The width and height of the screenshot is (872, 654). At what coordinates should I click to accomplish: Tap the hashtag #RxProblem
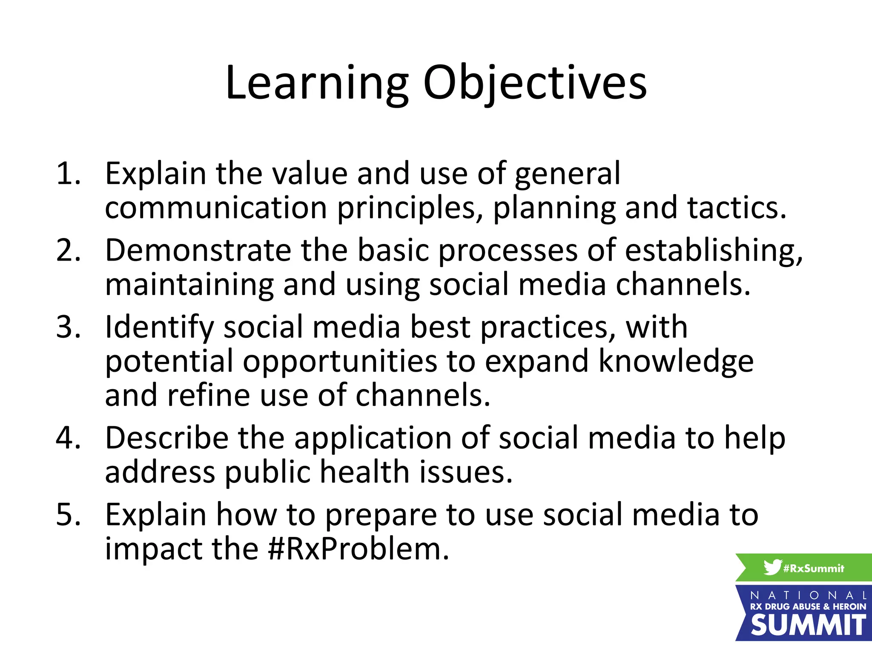pos(359,549)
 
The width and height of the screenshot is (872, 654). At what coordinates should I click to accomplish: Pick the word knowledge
pos(676,362)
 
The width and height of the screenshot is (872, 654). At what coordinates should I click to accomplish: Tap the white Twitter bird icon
pos(772,567)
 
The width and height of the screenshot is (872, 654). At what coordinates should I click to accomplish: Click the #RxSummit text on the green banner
pos(813,568)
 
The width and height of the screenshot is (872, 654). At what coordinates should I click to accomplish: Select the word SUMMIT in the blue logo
pos(808,625)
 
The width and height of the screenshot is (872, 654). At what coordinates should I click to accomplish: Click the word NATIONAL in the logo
pos(808,595)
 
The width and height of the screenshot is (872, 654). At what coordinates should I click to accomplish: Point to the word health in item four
pos(364,473)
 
